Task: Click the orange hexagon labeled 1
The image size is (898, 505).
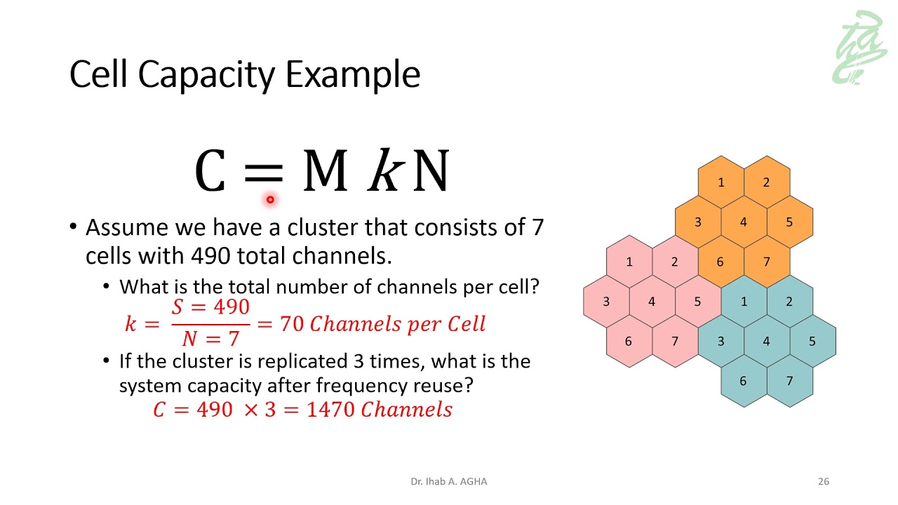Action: click(x=721, y=182)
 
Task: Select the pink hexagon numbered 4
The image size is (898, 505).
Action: click(x=652, y=302)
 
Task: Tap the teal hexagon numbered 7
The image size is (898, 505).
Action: click(x=789, y=381)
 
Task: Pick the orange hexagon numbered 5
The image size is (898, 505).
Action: click(x=789, y=222)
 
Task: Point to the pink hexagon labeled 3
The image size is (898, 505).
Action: click(x=606, y=302)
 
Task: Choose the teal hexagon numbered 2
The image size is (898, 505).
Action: click(x=789, y=302)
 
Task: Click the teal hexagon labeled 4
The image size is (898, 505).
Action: click(x=766, y=342)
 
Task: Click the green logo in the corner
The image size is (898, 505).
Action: click(x=860, y=48)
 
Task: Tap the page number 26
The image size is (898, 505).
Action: click(x=824, y=481)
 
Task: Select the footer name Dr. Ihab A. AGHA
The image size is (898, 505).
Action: click(x=449, y=481)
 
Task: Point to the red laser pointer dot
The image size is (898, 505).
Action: click(x=270, y=200)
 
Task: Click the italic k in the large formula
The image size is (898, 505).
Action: click(x=384, y=171)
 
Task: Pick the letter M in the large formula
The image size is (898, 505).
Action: click(x=324, y=171)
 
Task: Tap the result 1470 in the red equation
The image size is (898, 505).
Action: click(x=330, y=410)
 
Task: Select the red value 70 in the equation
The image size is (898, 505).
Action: click(x=291, y=323)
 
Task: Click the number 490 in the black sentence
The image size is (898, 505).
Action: click(x=210, y=256)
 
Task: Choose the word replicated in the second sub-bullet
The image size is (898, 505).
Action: click(x=302, y=361)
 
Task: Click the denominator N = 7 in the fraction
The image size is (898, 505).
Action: click(x=210, y=339)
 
